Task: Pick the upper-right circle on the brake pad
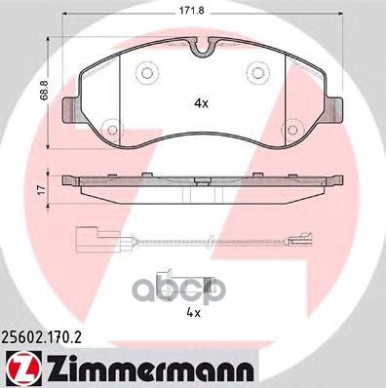coord(260,69)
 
